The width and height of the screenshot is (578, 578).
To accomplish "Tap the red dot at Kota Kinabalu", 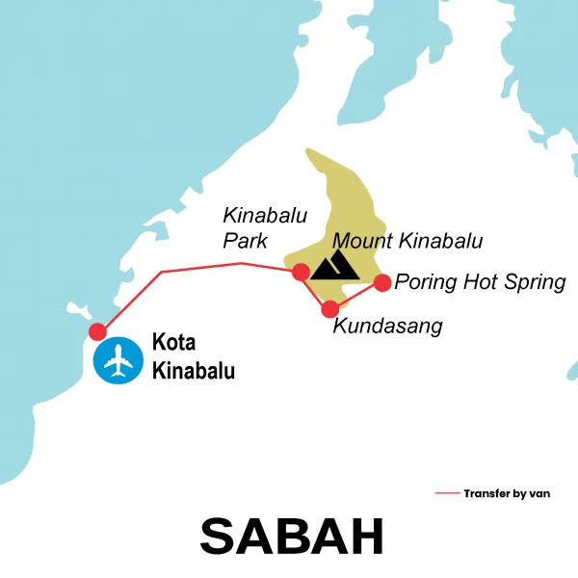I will coord(97,331).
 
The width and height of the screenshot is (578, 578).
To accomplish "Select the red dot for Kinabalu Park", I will coord(301,272).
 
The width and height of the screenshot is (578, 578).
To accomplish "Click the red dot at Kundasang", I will coord(330,309).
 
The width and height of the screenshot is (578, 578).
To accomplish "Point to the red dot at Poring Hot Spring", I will coord(381,282).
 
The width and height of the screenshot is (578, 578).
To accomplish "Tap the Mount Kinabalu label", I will coord(407,241).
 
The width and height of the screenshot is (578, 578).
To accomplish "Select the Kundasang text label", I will coord(387,327).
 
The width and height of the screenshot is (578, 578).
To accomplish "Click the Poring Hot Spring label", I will coord(480,282).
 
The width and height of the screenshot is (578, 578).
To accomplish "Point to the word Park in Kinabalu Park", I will coord(245,241).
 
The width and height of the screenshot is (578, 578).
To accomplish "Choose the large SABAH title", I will coord(292,536).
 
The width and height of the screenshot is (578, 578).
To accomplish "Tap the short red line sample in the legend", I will coord(447,493).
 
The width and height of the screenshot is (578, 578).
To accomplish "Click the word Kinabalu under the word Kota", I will coord(194,370).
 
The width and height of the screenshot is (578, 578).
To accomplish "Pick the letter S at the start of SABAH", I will coord(219,536).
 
